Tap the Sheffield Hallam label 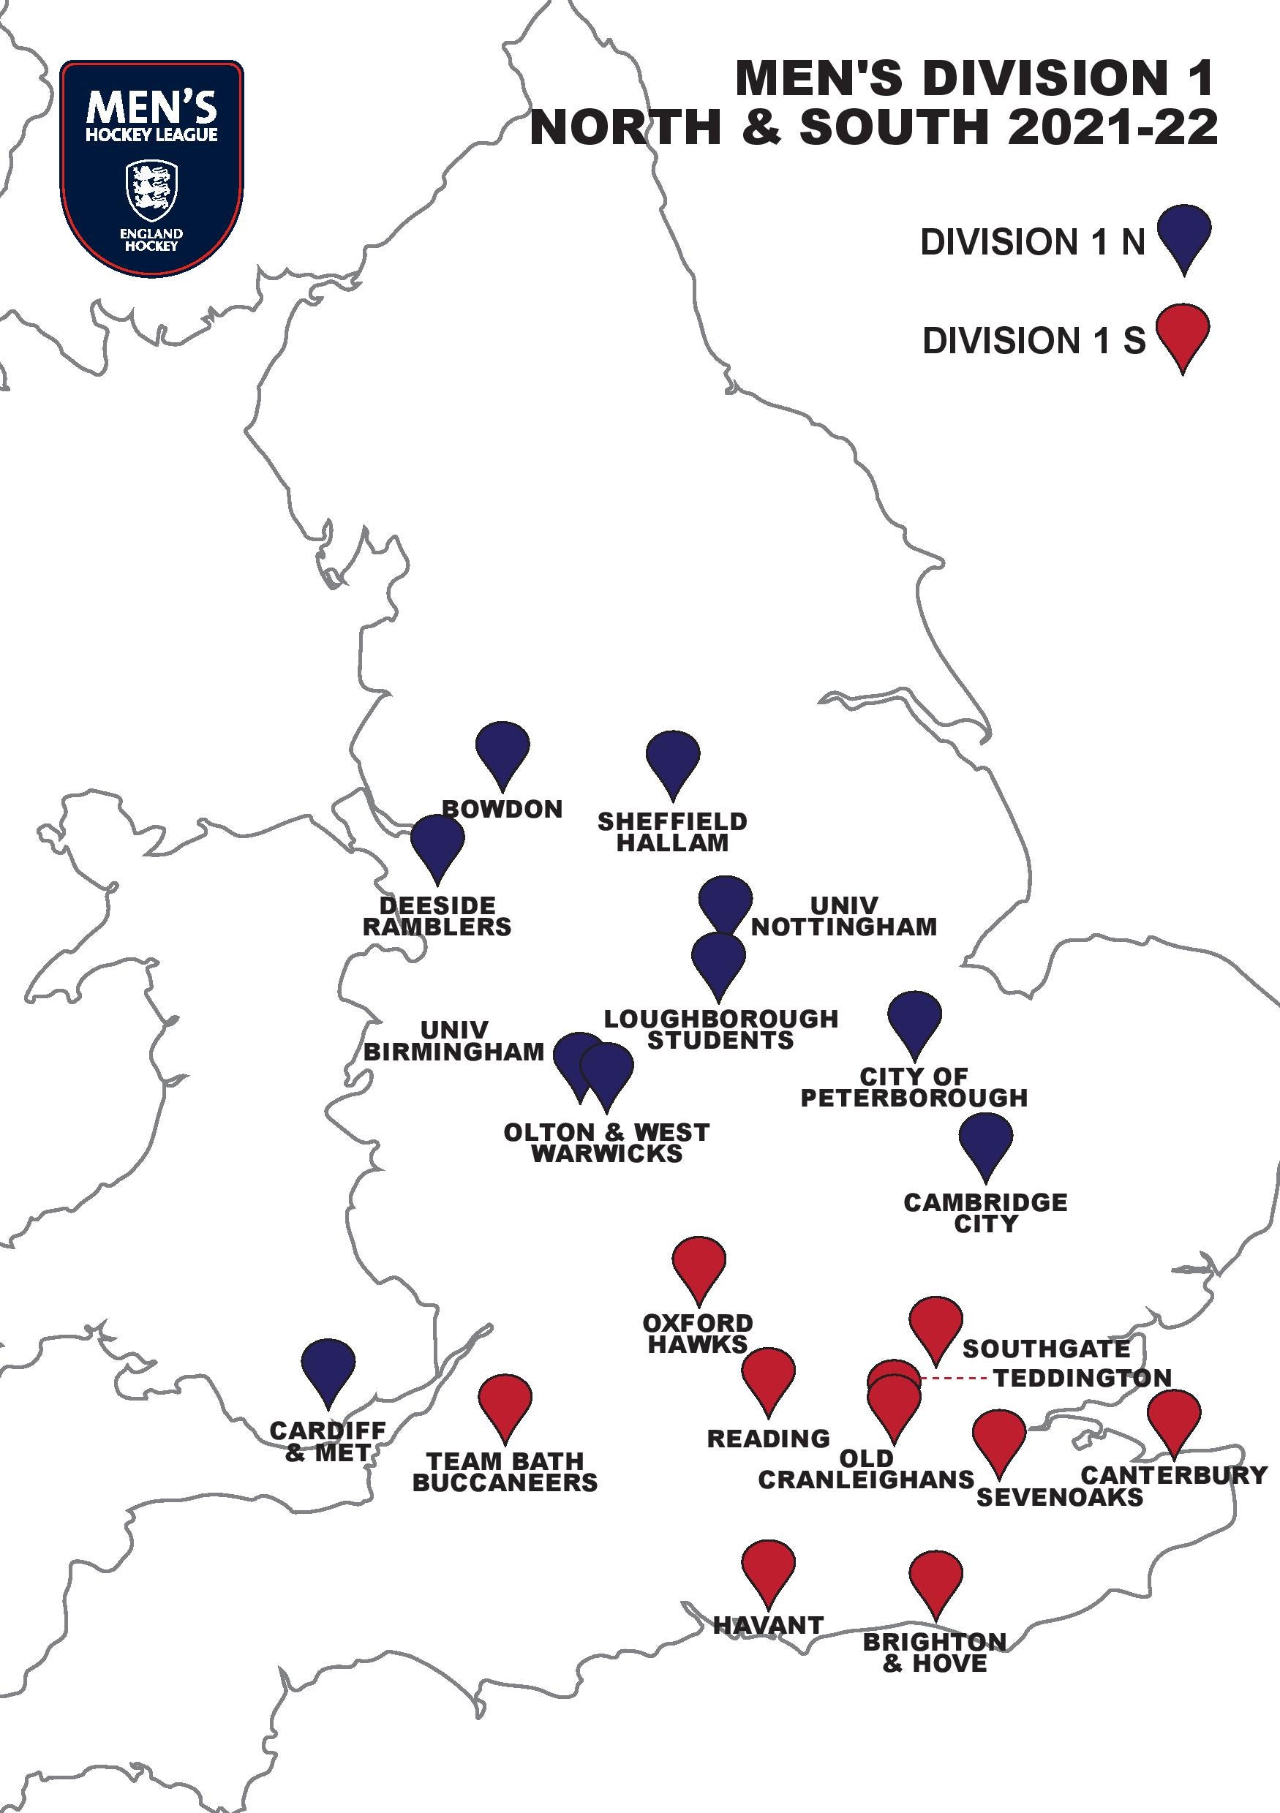click(x=672, y=832)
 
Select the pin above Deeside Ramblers click(x=437, y=843)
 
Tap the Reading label click(x=768, y=1438)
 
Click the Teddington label click(x=1082, y=1378)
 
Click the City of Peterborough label click(x=914, y=1087)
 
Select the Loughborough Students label click(x=721, y=1029)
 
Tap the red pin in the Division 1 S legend click(x=1182, y=333)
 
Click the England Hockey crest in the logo click(x=151, y=192)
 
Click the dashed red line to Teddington click(x=954, y=1379)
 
